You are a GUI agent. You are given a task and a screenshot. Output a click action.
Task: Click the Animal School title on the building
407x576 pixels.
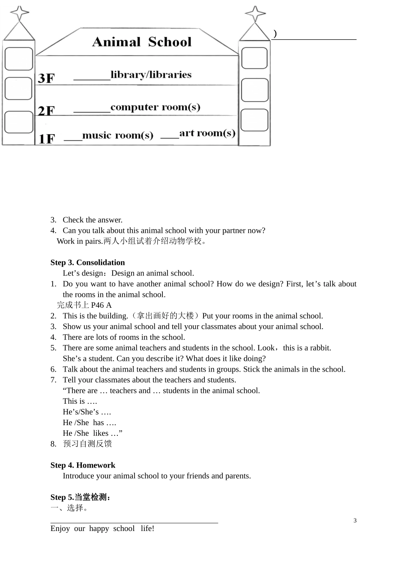142,42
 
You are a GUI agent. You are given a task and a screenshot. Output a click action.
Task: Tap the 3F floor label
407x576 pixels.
46,78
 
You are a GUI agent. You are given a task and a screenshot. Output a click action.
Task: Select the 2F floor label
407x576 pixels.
46,111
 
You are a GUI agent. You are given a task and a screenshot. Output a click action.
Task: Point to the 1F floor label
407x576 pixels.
47,139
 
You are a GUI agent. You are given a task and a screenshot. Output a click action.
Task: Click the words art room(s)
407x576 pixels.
207,133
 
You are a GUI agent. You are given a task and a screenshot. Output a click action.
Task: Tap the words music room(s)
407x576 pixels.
117,135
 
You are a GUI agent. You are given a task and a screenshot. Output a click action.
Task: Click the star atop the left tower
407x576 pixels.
19,13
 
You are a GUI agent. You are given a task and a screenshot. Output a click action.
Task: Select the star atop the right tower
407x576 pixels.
255,14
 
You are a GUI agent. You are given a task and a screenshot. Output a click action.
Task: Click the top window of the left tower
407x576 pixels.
19,59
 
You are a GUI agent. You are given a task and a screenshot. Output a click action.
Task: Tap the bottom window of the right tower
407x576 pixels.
254,120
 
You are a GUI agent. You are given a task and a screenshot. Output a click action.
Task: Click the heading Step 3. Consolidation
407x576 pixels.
87,262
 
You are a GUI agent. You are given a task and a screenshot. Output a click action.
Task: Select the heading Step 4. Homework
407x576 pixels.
83,465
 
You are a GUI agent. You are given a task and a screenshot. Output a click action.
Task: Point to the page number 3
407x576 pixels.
355,521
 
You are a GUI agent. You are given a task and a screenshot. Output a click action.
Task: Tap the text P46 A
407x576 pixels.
101,305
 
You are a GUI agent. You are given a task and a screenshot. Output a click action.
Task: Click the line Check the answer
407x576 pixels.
93,220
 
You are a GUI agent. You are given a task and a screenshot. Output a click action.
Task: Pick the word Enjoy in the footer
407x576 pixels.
60,528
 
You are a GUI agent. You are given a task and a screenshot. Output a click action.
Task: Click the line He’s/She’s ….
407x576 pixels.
87,412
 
